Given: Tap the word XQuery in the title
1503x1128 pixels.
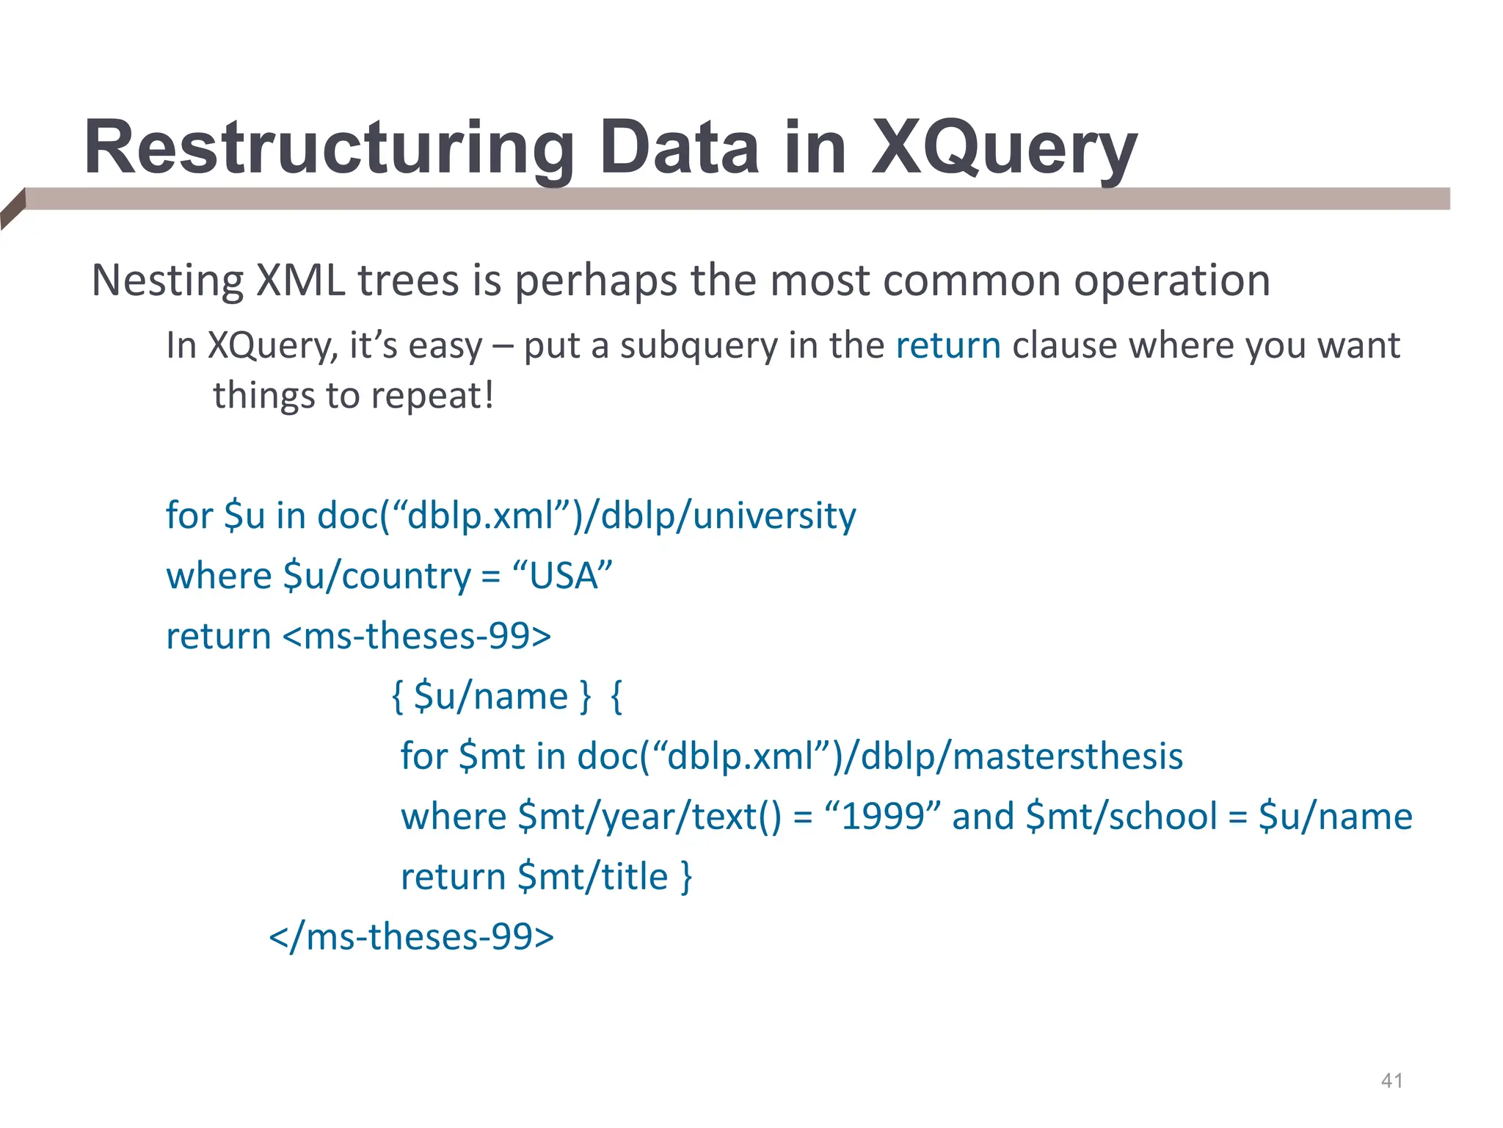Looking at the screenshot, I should click(1003, 148).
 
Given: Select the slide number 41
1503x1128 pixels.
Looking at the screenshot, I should click(1392, 1080).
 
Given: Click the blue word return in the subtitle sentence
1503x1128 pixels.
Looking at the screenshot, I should click(948, 345).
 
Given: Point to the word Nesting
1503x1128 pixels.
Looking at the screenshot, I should click(167, 281).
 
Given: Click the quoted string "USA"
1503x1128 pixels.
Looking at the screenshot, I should click(562, 576).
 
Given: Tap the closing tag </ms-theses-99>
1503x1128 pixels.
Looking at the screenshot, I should click(411, 937).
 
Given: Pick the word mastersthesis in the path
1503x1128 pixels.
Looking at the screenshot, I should click(1067, 756).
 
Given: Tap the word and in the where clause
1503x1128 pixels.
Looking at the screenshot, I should click(983, 817).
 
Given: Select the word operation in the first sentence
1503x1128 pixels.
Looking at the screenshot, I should click(1172, 281).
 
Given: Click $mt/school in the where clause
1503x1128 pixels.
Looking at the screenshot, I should click(1121, 817).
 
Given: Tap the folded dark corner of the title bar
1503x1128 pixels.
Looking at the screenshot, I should click(12, 208).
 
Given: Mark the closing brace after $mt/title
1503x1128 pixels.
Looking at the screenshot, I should click(686, 877).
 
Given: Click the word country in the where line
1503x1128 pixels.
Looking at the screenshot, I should click(406, 576).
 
